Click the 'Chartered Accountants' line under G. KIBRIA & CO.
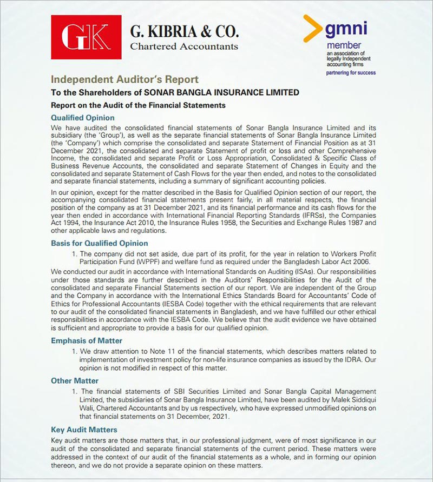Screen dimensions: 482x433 (x=184, y=46)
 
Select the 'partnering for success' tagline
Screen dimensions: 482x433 (x=351, y=72)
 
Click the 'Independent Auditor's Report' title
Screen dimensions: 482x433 (x=124, y=79)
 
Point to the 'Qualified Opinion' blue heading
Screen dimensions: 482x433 (x=82, y=117)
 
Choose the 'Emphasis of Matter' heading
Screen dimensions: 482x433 (x=87, y=340)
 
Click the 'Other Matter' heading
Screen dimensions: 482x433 (x=75, y=380)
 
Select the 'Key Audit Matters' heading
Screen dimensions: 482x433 (x=84, y=430)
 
